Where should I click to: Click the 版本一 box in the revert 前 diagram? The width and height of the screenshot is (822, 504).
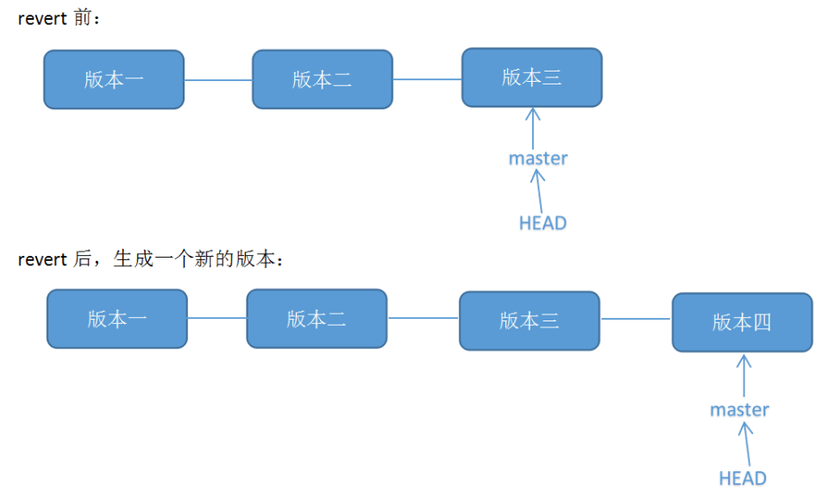coord(114,79)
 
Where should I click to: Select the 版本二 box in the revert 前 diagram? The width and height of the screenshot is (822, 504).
coord(322,79)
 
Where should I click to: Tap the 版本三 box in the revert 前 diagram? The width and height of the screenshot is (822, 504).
coord(531,78)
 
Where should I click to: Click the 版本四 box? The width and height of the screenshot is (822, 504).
coord(742,322)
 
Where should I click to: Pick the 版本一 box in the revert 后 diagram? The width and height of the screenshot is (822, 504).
coord(116,319)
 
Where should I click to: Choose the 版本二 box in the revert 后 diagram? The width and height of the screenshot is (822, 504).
coord(317,319)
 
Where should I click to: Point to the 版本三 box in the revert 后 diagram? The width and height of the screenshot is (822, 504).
coord(529,320)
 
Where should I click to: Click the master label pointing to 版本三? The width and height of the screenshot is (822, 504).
coord(538,159)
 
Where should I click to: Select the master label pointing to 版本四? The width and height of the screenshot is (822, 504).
coord(739,410)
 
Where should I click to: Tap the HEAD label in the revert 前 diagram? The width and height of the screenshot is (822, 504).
coord(543,223)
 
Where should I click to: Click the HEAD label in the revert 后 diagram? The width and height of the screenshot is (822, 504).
coord(743,478)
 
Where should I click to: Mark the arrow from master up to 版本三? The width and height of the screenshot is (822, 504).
coord(533,128)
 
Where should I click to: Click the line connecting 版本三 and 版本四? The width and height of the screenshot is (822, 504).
coord(636,319)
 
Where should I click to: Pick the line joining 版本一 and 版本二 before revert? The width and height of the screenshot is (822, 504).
coord(218,80)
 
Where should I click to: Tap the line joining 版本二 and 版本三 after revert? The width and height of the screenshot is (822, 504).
coord(423,318)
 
